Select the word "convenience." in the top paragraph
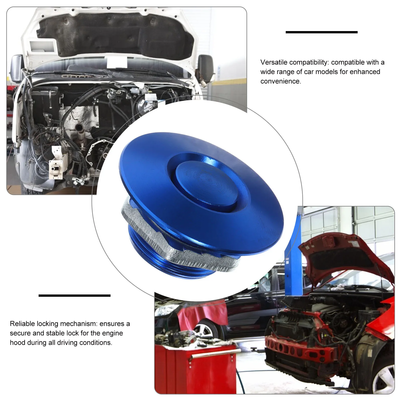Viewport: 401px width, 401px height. [281, 81]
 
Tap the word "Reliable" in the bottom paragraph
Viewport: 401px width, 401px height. [22, 324]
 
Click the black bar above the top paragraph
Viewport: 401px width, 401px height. [322, 32]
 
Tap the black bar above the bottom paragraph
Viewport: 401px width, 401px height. [74, 295]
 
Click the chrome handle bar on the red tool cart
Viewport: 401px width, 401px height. [214, 352]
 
